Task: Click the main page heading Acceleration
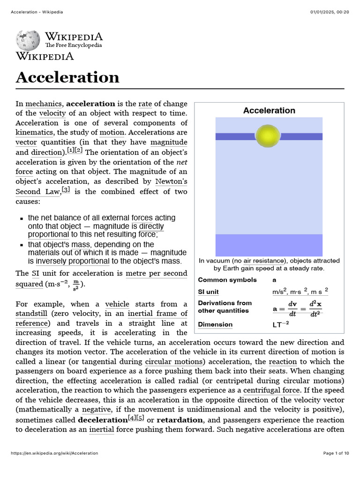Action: pos(67,77)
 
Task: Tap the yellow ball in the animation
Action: pos(269,136)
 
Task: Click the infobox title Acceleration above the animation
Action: pos(269,111)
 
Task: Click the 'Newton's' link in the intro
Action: pos(171,181)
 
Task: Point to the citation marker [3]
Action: pos(66,190)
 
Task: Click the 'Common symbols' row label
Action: pos(227,280)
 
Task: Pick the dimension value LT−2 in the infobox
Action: pos(281,324)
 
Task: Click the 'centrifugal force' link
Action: pos(272,390)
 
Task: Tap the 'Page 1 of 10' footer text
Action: pos(336,453)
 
